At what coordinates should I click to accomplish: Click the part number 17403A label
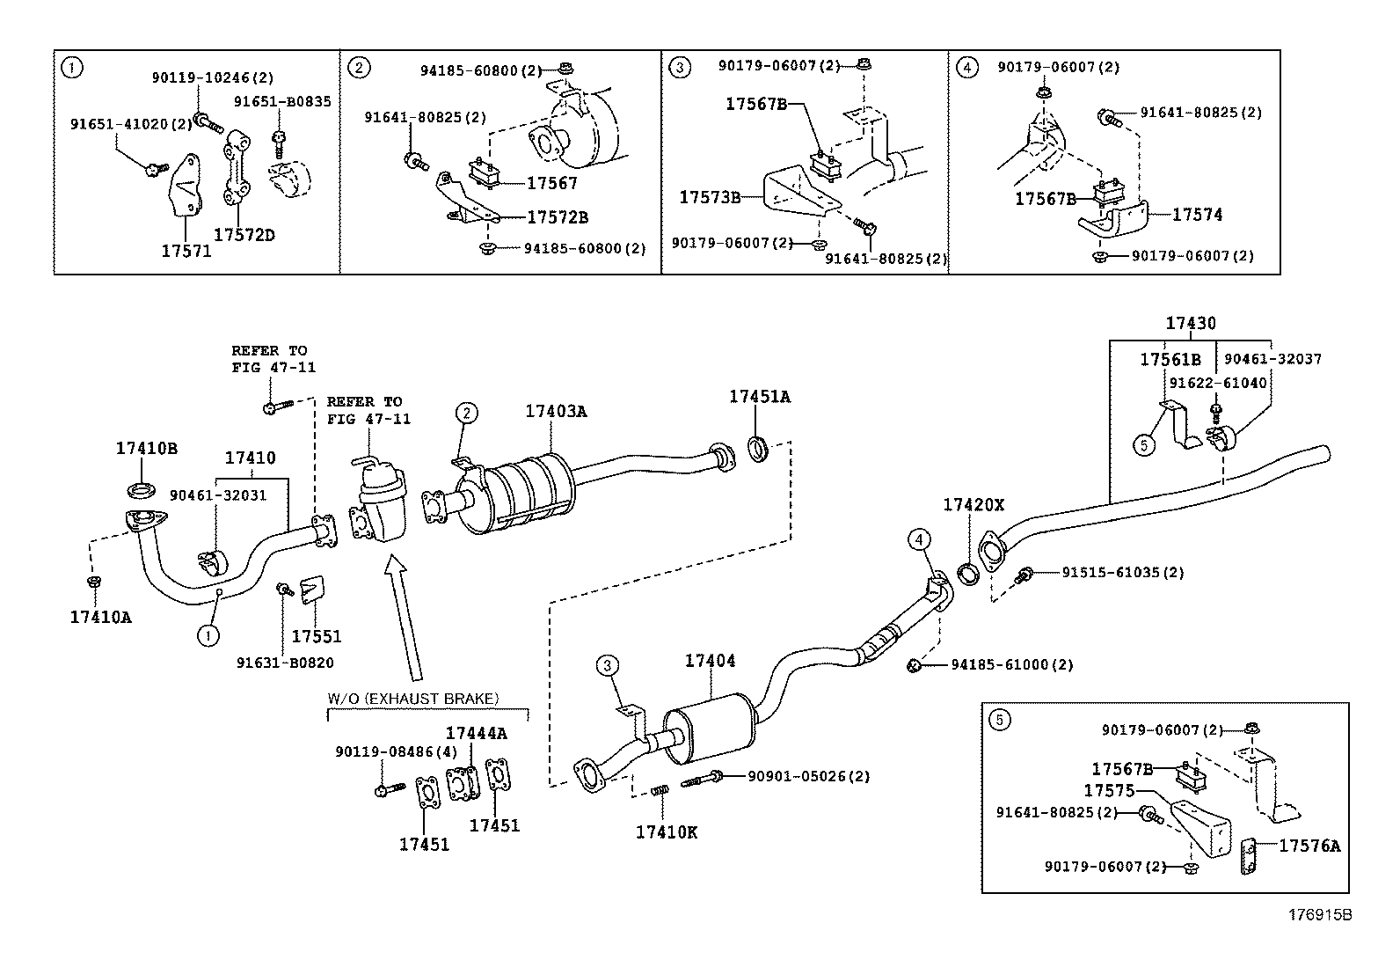[556, 411]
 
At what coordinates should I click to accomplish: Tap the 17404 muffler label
[710, 661]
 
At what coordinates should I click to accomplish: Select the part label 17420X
[973, 505]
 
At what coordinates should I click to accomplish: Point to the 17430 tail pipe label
[1191, 324]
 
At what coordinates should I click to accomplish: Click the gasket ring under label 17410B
[142, 490]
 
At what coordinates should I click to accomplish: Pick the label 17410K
[667, 832]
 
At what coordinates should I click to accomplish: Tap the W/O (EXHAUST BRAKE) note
[413, 699]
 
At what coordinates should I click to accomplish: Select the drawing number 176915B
[1320, 915]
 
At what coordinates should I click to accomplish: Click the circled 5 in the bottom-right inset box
[999, 720]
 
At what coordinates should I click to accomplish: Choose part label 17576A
[1309, 846]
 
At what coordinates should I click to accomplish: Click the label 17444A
[477, 733]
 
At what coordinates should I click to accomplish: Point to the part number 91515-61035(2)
[1122, 572]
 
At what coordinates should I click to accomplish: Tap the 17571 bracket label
[186, 251]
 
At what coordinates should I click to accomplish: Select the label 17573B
[710, 198]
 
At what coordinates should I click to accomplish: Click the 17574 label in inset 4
[1197, 215]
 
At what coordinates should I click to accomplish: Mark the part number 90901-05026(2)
[809, 776]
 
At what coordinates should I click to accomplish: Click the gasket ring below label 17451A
[758, 449]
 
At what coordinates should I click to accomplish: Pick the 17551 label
[317, 636]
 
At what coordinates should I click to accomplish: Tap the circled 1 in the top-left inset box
[72, 67]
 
